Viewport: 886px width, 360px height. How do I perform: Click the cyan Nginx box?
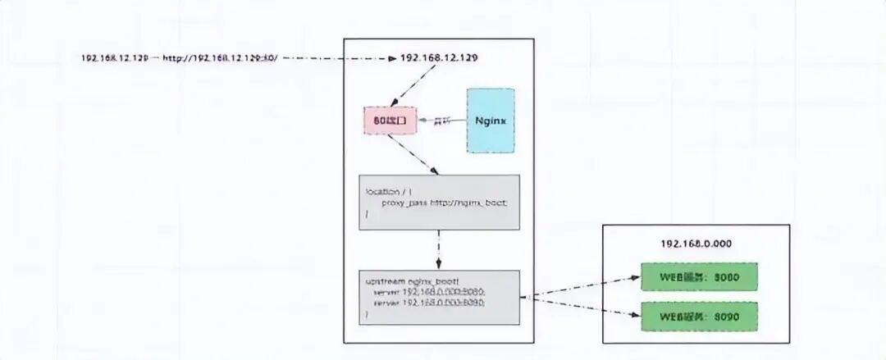[x=491, y=121]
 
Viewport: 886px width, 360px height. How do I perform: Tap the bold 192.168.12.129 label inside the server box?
[x=439, y=58]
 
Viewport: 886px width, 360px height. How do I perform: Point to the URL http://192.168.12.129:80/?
[x=221, y=58]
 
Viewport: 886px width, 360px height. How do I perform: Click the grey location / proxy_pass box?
[x=439, y=202]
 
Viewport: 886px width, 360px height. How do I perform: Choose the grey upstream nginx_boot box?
[x=439, y=296]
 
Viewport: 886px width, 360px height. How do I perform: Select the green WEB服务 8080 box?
[x=699, y=277]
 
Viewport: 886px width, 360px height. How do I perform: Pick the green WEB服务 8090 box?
[x=699, y=316]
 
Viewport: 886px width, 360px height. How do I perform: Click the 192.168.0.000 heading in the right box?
[x=696, y=244]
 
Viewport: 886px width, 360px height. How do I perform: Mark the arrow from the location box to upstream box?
[x=439, y=248]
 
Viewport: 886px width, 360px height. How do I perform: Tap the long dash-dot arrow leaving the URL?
[x=340, y=58]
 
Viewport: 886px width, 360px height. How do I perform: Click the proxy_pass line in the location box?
[x=444, y=202]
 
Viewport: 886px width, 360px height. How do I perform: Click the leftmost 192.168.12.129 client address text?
[x=115, y=58]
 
